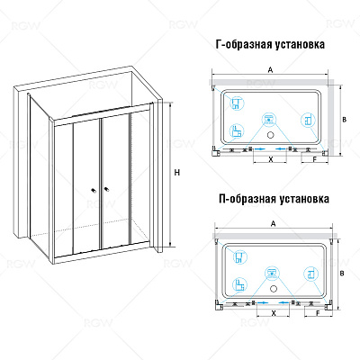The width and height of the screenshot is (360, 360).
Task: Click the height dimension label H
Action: coord(177,173)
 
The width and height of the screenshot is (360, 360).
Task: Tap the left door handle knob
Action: coord(94,190)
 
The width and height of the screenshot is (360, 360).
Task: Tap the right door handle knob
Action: coord(106,189)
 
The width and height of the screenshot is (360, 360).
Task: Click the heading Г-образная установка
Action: coord(270,45)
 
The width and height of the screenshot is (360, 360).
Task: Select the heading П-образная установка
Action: coord(274,199)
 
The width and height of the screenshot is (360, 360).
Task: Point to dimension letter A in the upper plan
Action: coord(270,70)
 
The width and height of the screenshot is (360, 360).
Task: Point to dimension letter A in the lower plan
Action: coord(273,223)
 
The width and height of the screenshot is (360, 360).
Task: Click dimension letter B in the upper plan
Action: coord(345,120)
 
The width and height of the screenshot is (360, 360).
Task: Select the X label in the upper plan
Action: coord(271,159)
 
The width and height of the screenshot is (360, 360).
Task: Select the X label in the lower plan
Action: coord(274,313)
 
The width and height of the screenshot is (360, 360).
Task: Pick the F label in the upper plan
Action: coord(315,159)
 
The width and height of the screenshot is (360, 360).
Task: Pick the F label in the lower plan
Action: coord(318,313)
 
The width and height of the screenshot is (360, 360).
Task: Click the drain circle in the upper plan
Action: coord(271,135)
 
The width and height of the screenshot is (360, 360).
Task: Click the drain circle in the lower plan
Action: coord(274,289)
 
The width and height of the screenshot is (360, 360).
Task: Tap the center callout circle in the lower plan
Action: coord(272,274)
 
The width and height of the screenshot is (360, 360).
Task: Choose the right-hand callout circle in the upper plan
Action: coord(309,121)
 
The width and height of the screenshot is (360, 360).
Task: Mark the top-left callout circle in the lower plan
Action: coord(239,256)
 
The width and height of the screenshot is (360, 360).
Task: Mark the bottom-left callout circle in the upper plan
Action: coord(237,131)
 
